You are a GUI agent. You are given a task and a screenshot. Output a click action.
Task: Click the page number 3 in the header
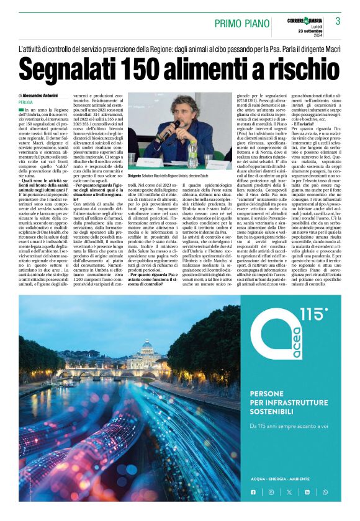tap(338, 21)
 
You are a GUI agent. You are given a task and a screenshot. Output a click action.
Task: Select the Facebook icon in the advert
tap(253, 492)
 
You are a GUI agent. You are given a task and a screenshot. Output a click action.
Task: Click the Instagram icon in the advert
tap(271, 492)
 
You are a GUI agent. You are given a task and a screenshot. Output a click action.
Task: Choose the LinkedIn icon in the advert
tap(307, 492)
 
